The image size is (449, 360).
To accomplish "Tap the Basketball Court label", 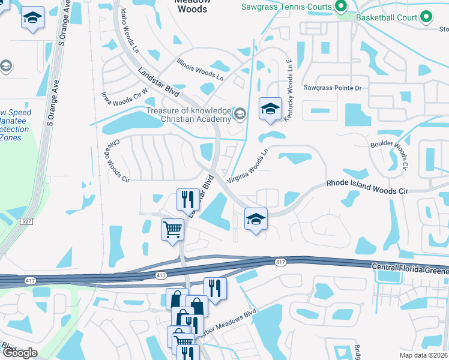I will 387,17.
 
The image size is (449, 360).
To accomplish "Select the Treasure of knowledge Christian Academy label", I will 189,115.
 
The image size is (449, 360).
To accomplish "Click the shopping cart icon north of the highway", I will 172,229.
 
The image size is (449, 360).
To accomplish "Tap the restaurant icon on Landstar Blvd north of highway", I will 187,199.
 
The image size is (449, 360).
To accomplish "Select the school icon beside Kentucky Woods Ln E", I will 270,109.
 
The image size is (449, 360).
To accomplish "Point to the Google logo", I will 19,353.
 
